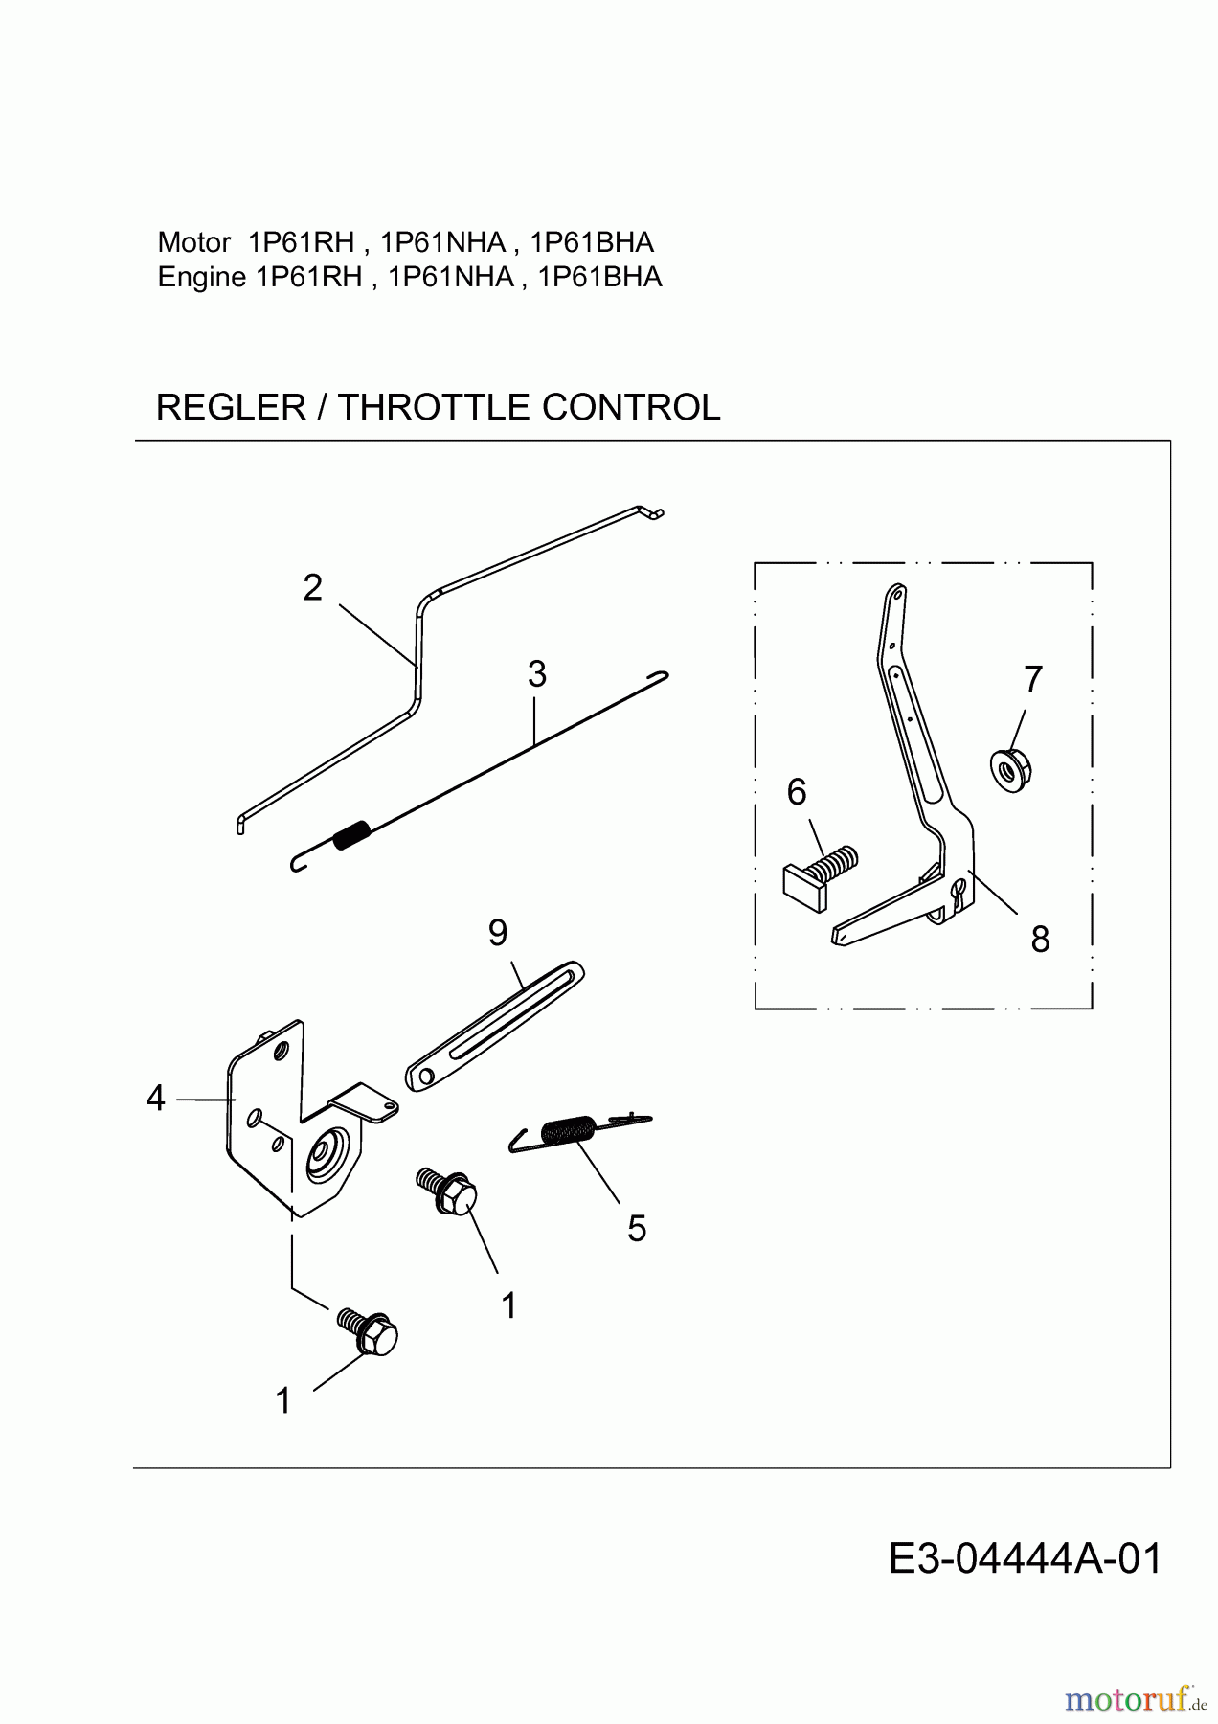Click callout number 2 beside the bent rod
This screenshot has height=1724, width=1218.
pyautogui.click(x=312, y=588)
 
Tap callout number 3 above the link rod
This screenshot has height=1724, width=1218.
pyautogui.click(x=536, y=674)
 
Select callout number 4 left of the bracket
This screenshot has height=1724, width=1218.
pyautogui.click(x=155, y=1099)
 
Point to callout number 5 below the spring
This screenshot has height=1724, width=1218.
pyautogui.click(x=637, y=1228)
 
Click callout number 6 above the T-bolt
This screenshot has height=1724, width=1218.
pyautogui.click(x=797, y=792)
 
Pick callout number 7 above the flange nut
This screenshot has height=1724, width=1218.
pyautogui.click(x=1032, y=679)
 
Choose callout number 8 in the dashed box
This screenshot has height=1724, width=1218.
pyautogui.click(x=1040, y=940)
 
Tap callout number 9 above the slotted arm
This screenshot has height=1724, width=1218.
pyautogui.click(x=498, y=932)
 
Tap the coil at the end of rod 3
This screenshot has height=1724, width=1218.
pyautogui.click(x=350, y=834)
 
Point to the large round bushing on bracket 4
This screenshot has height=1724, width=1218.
pyautogui.click(x=326, y=1157)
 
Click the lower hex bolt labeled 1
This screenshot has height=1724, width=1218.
pyautogui.click(x=371, y=1333)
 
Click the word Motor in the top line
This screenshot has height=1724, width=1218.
pyautogui.click(x=193, y=241)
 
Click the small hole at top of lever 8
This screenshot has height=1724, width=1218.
pyautogui.click(x=896, y=594)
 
